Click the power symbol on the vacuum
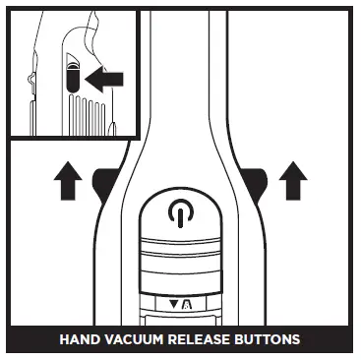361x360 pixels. [179, 213]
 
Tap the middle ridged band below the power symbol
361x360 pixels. [179, 262]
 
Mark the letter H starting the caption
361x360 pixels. [65, 340]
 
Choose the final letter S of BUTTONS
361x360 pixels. [296, 340]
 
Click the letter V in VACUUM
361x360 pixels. [110, 340]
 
